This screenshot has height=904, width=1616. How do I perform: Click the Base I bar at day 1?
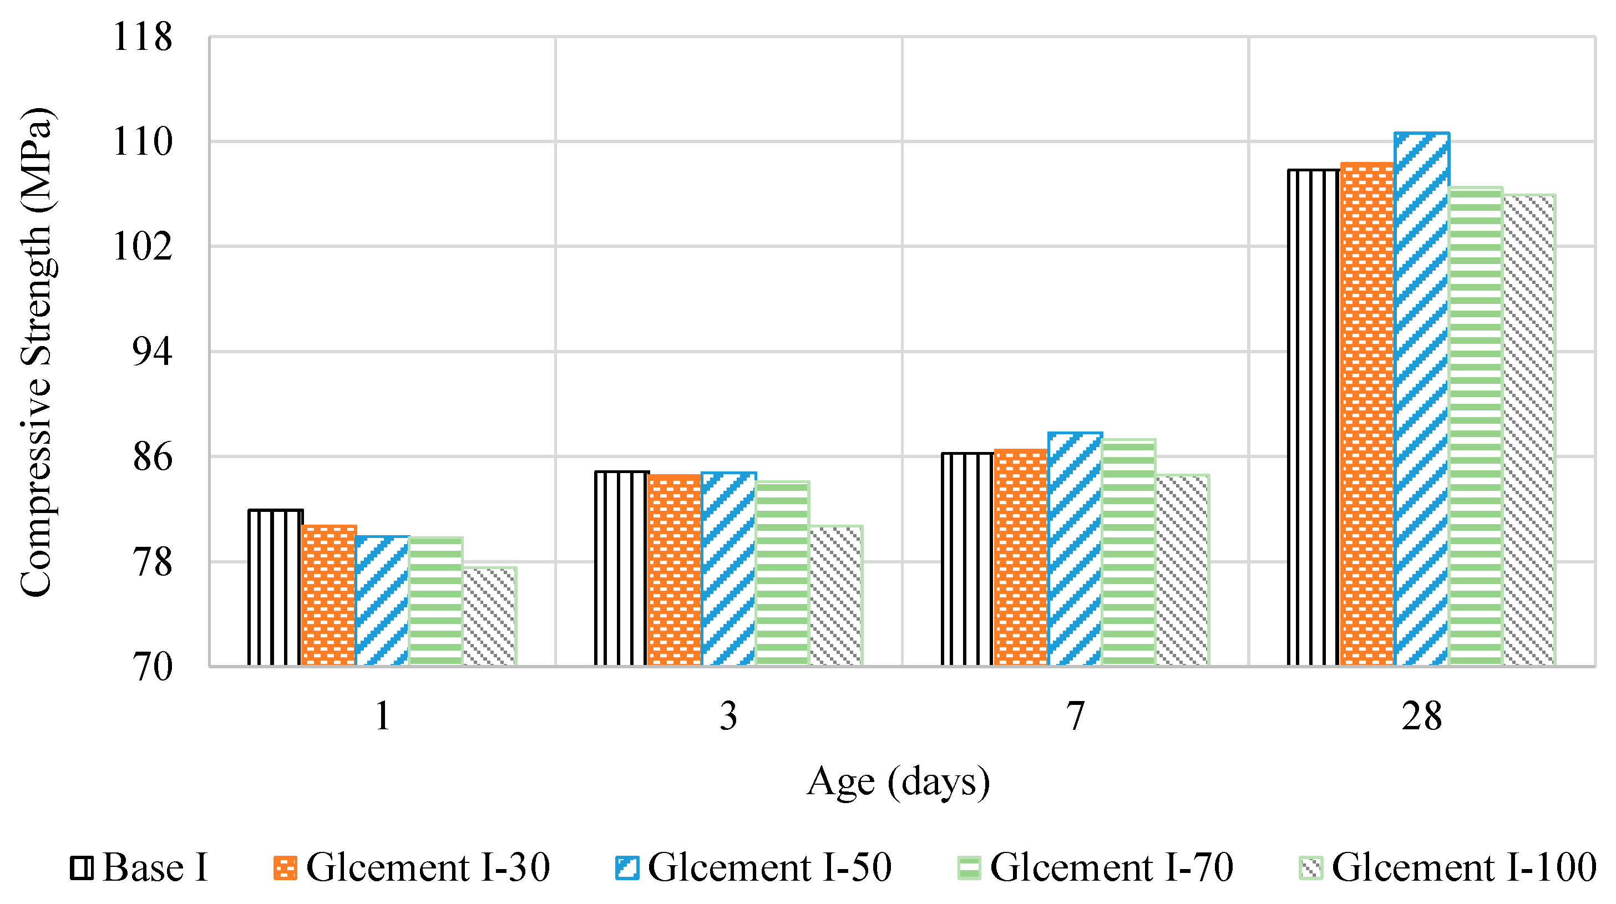pyautogui.click(x=275, y=587)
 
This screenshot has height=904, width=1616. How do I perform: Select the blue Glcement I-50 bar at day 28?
pyautogui.click(x=1421, y=399)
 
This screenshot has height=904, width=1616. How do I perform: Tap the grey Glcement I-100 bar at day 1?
pyautogui.click(x=489, y=616)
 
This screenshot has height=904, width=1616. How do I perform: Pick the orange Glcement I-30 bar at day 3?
pyautogui.click(x=675, y=570)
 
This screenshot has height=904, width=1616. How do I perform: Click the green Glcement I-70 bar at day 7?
pyautogui.click(x=1128, y=552)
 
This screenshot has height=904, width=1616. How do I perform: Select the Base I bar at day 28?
pyautogui.click(x=1314, y=417)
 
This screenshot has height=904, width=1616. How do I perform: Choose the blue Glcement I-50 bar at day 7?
pyautogui.click(x=1075, y=549)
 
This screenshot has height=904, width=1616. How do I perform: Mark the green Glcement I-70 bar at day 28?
pyautogui.click(x=1476, y=426)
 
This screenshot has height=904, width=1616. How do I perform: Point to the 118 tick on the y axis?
pyautogui.click(x=142, y=37)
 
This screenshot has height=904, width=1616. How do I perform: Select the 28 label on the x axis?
pyautogui.click(x=1421, y=716)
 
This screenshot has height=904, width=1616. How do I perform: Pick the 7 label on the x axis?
pyautogui.click(x=1075, y=716)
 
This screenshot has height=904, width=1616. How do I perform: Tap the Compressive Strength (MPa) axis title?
pyautogui.click(x=37, y=351)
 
